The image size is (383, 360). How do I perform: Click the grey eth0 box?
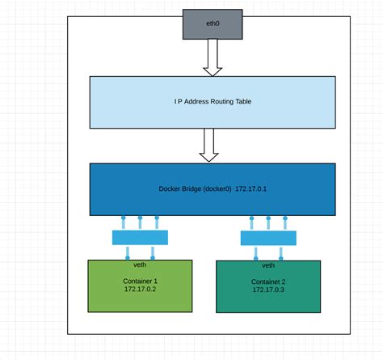[212, 24]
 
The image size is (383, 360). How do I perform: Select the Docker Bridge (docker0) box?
[212, 189]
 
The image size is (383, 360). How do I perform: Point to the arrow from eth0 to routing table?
[213, 58]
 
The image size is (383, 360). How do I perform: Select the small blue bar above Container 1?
[141, 237]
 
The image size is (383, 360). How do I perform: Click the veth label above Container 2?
[267, 265]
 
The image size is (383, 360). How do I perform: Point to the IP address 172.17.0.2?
[140, 288]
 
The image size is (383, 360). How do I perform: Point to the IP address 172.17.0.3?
[267, 289]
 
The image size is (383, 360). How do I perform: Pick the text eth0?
[212, 24]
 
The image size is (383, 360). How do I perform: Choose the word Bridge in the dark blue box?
[190, 189]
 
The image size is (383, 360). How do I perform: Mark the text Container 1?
[140, 279]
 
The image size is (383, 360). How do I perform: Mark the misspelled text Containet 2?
[267, 280]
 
